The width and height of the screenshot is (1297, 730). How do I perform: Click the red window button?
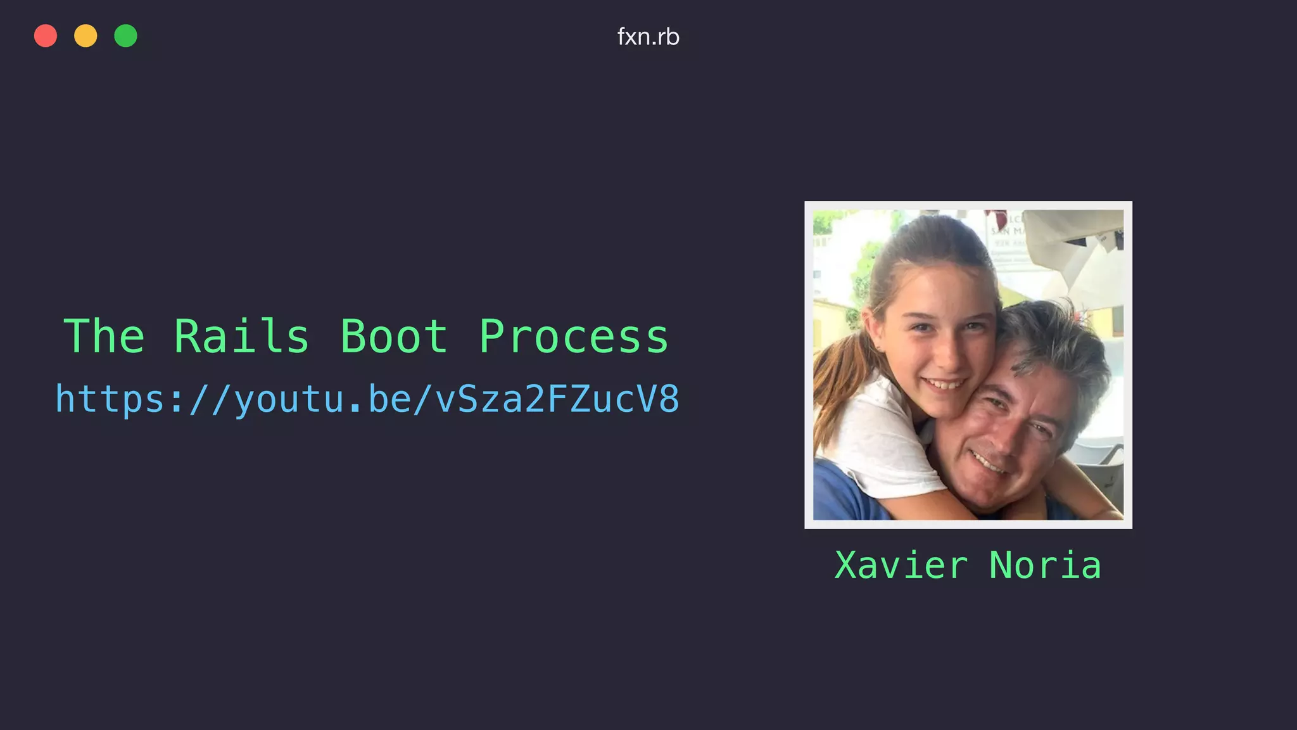pyautogui.click(x=46, y=36)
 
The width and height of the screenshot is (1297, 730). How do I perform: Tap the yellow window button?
pyautogui.click(x=85, y=36)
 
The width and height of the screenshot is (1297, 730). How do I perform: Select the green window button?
pyautogui.click(x=125, y=36)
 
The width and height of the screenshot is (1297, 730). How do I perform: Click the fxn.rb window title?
pyautogui.click(x=648, y=37)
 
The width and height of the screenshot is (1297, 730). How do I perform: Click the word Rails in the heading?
pyautogui.click(x=241, y=336)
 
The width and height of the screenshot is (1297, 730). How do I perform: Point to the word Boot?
pyautogui.click(x=394, y=336)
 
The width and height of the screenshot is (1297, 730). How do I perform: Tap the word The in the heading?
pyautogui.click(x=104, y=336)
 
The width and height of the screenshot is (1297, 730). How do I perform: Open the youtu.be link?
pyautogui.click(x=367, y=400)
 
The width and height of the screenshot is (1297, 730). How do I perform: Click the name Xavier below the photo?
pyautogui.click(x=901, y=565)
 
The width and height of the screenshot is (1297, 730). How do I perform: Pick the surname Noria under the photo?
pyautogui.click(x=1045, y=565)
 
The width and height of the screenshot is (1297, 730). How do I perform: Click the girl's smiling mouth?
pyautogui.click(x=945, y=384)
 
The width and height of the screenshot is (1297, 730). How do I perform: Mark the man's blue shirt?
pyautogui.click(x=842, y=494)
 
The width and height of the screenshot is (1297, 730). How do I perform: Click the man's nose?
pyautogui.click(x=1007, y=437)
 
